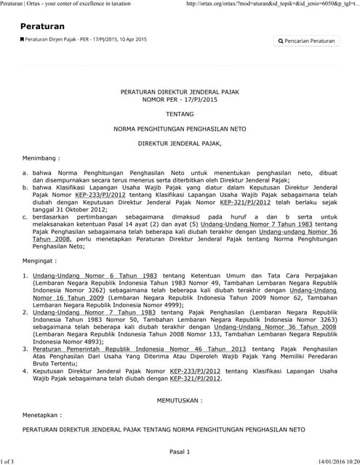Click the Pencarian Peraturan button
[x=307, y=41]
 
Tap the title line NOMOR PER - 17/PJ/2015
[x=180, y=99]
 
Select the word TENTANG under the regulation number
[x=180, y=114]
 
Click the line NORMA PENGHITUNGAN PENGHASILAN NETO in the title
[x=180, y=129]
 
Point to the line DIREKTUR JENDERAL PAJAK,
[x=180, y=143]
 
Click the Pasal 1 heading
[x=180, y=451]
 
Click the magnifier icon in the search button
[x=281, y=41]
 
